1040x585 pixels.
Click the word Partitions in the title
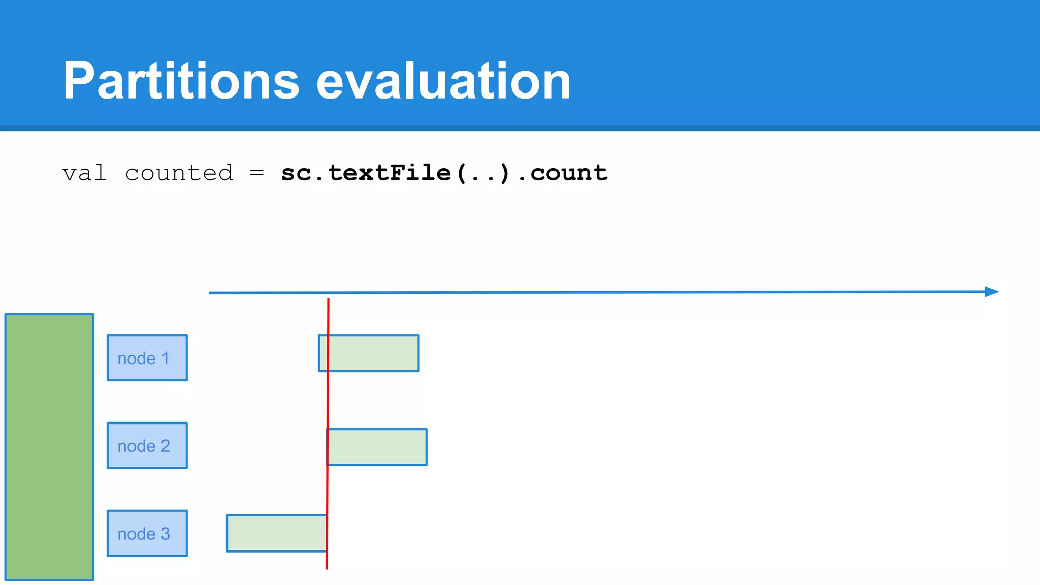181,81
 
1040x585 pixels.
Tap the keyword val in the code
84,173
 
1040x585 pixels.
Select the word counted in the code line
179,173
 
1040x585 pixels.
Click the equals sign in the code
257,173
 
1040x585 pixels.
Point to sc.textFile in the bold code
366,173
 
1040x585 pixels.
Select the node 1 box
147,357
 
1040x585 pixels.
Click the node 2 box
147,445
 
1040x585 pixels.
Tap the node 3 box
147,533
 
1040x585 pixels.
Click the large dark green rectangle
49,447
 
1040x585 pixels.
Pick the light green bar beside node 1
373,353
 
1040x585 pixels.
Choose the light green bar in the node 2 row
378,447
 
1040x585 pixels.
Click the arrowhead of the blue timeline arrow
991,291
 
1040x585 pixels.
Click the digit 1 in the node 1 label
166,358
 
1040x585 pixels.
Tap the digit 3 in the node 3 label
166,534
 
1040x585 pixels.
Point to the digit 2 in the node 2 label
166,446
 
